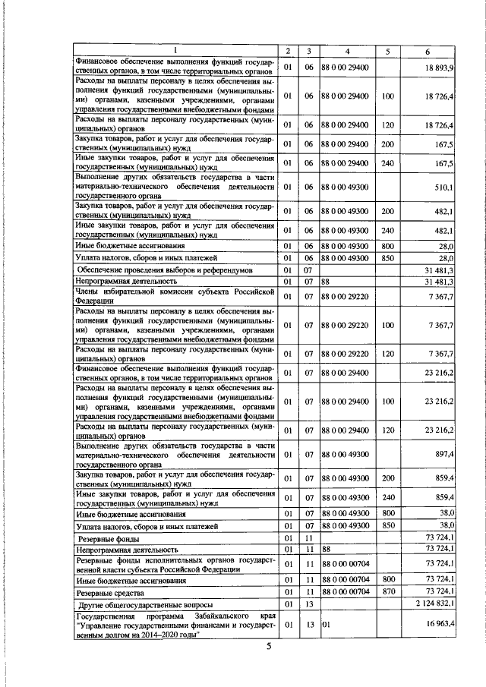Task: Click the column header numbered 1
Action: tap(175, 51)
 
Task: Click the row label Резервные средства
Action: tap(109, 591)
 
